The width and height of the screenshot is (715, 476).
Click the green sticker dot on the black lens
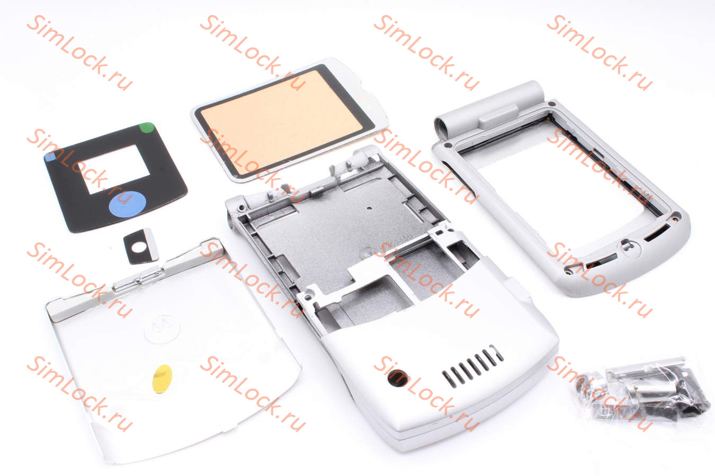147,127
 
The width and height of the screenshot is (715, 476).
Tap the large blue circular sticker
127,204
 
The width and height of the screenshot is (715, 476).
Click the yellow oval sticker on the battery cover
162,379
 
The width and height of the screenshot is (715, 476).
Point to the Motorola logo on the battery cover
162,329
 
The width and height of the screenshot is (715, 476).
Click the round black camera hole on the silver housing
398,378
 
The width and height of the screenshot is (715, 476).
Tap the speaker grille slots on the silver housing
472,367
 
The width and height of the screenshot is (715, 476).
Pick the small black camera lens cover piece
141,246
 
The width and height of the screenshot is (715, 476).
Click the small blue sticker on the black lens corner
50,157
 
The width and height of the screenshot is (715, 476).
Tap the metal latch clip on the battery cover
137,280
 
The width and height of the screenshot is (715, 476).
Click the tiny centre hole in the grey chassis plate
369,208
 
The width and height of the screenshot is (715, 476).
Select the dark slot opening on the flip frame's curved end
657,232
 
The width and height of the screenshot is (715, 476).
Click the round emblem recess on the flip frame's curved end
630,248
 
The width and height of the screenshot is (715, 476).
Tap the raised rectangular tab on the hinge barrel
498,116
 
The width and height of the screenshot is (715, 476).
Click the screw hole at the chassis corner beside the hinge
242,208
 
